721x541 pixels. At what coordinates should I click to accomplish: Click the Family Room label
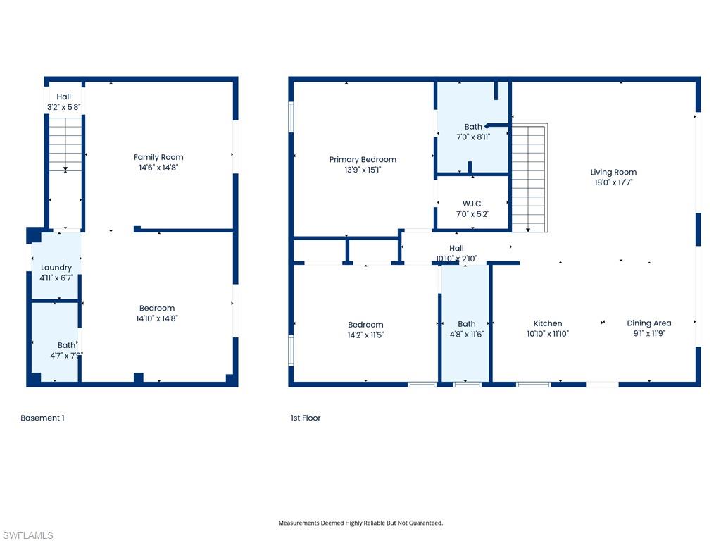(x=158, y=157)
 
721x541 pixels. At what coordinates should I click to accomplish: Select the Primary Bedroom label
(x=363, y=160)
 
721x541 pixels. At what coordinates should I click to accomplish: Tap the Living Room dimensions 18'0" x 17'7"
(x=613, y=182)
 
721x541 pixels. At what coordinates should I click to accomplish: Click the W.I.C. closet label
(x=472, y=204)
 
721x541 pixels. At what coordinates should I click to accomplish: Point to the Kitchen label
(x=547, y=323)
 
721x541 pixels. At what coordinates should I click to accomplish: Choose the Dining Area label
(x=648, y=323)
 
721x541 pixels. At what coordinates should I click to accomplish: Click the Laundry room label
(x=56, y=268)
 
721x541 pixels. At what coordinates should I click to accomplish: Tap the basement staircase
(x=65, y=144)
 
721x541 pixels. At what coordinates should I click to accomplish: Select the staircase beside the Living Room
(x=528, y=178)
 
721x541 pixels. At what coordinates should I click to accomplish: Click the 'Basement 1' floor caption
(x=42, y=418)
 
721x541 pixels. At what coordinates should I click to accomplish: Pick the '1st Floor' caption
(x=306, y=418)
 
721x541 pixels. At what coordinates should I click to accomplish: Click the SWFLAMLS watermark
(x=27, y=535)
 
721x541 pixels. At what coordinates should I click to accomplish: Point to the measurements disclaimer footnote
(x=360, y=523)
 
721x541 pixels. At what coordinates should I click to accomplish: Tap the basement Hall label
(x=64, y=97)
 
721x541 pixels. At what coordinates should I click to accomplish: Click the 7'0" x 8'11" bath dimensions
(x=472, y=137)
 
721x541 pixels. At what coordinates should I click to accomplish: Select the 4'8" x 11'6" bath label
(x=466, y=324)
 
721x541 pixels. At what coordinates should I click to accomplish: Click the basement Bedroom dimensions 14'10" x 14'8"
(x=157, y=318)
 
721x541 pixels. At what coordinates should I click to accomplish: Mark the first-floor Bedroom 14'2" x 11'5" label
(x=365, y=325)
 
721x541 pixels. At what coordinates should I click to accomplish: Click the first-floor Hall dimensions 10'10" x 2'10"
(x=456, y=259)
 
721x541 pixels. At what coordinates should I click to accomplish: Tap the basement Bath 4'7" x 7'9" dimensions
(x=66, y=356)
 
